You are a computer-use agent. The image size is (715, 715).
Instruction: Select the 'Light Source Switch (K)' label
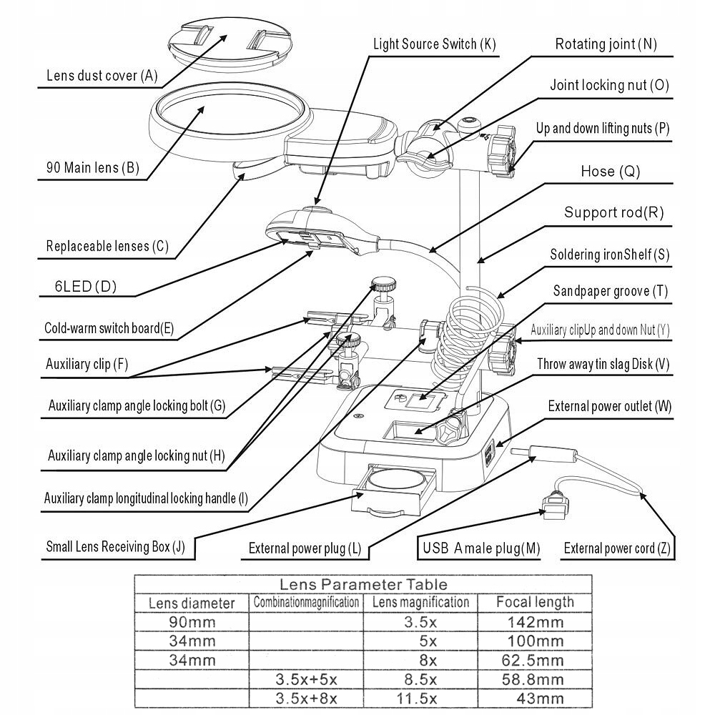pos(434,44)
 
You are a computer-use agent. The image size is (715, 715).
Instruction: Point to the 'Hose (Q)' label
pos(610,172)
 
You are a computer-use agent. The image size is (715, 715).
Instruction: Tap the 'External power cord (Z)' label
pos(617,548)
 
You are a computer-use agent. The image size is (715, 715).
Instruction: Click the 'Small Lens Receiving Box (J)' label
pos(115,547)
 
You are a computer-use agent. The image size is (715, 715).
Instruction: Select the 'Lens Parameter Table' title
pos(363,585)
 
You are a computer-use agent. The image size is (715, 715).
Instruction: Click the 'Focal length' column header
pos(535,602)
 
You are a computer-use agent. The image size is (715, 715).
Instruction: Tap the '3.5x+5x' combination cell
pos(306,679)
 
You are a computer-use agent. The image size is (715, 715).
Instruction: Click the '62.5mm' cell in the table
pos(535,659)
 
